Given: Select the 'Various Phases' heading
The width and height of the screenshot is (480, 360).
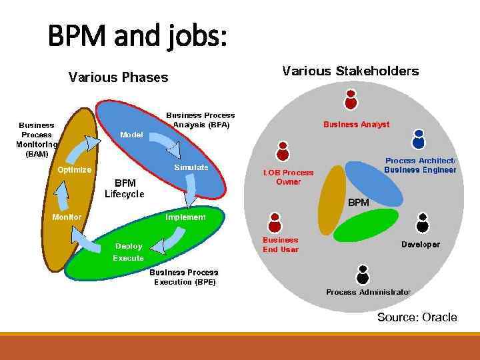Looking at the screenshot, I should pyautogui.click(x=118, y=78).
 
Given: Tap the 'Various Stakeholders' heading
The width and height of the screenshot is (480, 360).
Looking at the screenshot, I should pyautogui.click(x=351, y=71).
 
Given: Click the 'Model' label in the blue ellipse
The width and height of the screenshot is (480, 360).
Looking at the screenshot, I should pyautogui.click(x=131, y=135).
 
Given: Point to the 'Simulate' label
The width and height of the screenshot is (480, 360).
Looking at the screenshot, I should pyautogui.click(x=191, y=167).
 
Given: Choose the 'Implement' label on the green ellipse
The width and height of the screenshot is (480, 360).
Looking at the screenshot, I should pyautogui.click(x=185, y=217).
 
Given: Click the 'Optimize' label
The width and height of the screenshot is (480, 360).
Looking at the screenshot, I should pyautogui.click(x=74, y=170).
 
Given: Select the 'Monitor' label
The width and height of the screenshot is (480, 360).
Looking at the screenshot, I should pyautogui.click(x=67, y=217).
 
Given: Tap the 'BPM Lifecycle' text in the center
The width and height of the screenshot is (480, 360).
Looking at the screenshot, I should pyautogui.click(x=124, y=188).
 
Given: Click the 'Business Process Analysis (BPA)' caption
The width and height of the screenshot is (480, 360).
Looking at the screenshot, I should pyautogui.click(x=200, y=120).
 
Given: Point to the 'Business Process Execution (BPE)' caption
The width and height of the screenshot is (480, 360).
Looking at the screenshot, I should pyautogui.click(x=183, y=277).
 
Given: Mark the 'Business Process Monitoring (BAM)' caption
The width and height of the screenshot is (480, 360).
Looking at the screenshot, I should pyautogui.click(x=37, y=139).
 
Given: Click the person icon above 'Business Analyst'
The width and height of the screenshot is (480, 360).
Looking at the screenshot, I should pyautogui.click(x=351, y=99).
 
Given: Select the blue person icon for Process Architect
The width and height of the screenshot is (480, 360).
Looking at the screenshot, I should pyautogui.click(x=418, y=139).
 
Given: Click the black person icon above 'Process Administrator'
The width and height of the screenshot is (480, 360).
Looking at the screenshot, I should pyautogui.click(x=363, y=274).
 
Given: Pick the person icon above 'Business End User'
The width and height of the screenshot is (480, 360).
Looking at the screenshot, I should pyautogui.click(x=274, y=221).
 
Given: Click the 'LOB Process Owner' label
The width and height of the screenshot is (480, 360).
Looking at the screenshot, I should pyautogui.click(x=288, y=177).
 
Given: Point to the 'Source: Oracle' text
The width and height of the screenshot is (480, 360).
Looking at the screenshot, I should pyautogui.click(x=417, y=317).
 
